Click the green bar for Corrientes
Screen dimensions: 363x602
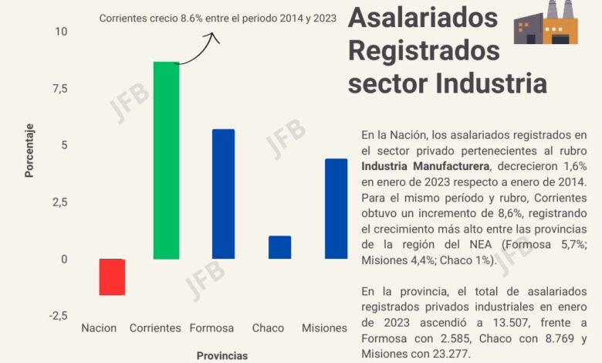tap(166, 160)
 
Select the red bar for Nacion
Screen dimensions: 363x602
tap(112, 276)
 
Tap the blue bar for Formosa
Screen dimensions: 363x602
tap(223, 194)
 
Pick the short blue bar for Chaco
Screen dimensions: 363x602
tap(279, 247)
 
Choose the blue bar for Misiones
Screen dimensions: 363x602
tap(336, 209)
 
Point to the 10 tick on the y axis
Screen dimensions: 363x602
tap(61, 31)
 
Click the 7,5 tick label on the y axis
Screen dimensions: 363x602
tap(59, 88)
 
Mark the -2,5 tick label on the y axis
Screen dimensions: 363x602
tap(57, 316)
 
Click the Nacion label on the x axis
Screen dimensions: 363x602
tap(99, 328)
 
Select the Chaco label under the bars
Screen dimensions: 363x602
tap(268, 328)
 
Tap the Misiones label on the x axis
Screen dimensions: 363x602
tap(323, 328)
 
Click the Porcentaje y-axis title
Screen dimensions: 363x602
tap(29, 149)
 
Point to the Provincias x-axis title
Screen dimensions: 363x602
tap(222, 355)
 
